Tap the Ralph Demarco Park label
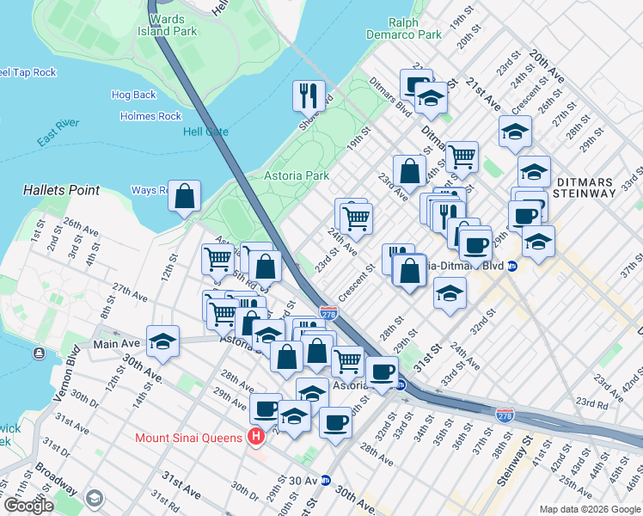[414, 28]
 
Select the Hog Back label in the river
[133, 95]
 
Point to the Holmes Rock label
[150, 116]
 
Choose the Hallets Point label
[61, 190]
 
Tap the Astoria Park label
[297, 175]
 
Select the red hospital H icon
[255, 438]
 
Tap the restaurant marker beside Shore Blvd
[308, 95]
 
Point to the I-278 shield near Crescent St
[328, 314]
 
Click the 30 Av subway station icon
[325, 481]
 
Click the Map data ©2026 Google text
[589, 509]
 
